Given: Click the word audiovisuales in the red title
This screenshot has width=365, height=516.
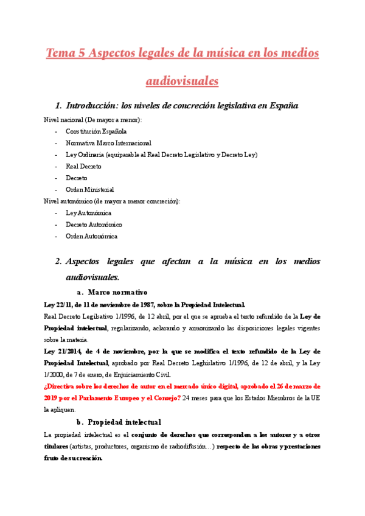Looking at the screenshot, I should tap(182, 80).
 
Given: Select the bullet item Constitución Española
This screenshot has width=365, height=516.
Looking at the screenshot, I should tap(96, 131).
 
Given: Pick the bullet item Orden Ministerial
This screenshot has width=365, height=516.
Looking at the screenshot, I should tap(89, 189).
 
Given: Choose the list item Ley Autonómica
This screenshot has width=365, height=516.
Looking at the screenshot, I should tap(88, 213).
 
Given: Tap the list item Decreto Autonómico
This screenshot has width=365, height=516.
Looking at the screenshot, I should tap(94, 225).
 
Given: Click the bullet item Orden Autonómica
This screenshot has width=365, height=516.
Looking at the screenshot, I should tap(91, 236).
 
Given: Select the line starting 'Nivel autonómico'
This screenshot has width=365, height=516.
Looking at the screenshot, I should tap(113, 201).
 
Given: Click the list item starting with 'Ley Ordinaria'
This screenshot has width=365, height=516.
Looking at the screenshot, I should tap(161, 155).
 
